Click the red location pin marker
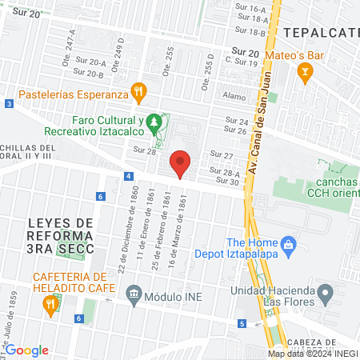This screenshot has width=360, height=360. tap(181, 162)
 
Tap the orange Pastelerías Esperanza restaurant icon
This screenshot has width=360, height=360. tap(138, 93)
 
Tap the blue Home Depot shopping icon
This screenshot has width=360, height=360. tap(288, 244)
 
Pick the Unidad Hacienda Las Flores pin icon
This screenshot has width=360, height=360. tap(325, 296)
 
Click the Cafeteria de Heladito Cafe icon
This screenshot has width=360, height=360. tap(51, 303)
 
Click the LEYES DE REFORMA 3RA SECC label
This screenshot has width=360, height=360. tap(60, 236)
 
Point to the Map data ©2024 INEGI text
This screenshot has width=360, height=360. tap(312, 354)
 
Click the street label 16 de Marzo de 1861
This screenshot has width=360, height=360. tap(183, 224)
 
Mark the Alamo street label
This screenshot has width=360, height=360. tap(234, 95)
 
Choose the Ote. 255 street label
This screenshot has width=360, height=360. tap(170, 56)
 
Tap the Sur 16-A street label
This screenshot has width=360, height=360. tap(250, 8)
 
